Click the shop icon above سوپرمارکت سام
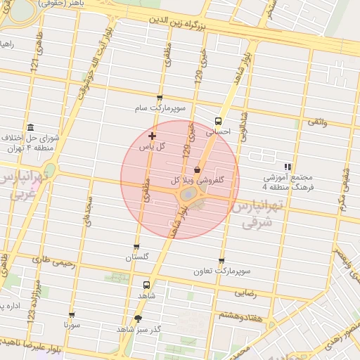click(160, 98)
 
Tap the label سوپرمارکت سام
click(160, 109)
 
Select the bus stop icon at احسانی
click(218, 120)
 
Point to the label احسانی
click(218, 131)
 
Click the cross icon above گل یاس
click(153, 135)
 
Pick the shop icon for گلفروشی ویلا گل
click(196, 170)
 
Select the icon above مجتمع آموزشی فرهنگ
click(287, 167)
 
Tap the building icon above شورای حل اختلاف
click(30, 127)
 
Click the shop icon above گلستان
click(136, 247)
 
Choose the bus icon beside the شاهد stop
click(146, 285)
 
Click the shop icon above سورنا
click(72, 315)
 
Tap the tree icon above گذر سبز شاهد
click(138, 319)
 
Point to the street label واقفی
click(316, 122)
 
